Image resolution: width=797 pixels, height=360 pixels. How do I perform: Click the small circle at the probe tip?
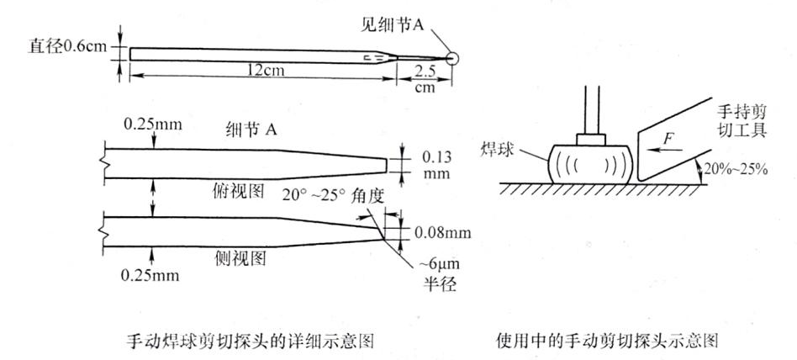(x=453, y=58)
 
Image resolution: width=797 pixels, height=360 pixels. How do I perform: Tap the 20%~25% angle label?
(x=741, y=167)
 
